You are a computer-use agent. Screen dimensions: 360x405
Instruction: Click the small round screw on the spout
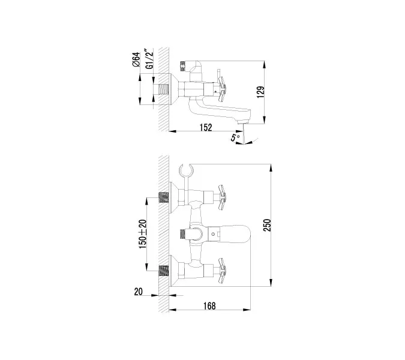211,232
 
